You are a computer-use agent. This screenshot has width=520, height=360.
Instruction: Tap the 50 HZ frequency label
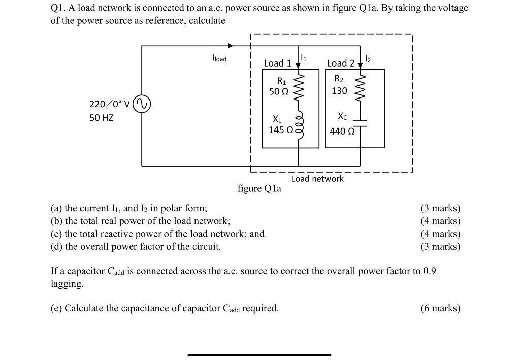point(102,118)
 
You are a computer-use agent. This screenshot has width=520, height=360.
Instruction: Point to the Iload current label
point(219,59)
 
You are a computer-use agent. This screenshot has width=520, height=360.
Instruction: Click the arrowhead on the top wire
point(231,46)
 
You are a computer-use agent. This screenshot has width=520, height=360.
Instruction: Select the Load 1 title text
point(278,63)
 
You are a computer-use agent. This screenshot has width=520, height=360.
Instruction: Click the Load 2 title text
point(341,63)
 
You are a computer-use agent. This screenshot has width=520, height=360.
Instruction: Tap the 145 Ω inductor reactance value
point(280,130)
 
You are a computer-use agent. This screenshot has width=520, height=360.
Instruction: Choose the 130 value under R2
point(339,91)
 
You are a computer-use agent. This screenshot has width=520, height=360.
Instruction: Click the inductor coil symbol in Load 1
point(298,122)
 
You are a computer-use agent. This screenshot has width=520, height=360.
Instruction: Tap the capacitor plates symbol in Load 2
point(360,122)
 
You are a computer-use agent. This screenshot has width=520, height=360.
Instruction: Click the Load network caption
point(317,179)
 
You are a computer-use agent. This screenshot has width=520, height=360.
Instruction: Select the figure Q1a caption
point(259,189)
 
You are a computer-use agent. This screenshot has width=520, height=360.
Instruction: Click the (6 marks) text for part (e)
point(440,308)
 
